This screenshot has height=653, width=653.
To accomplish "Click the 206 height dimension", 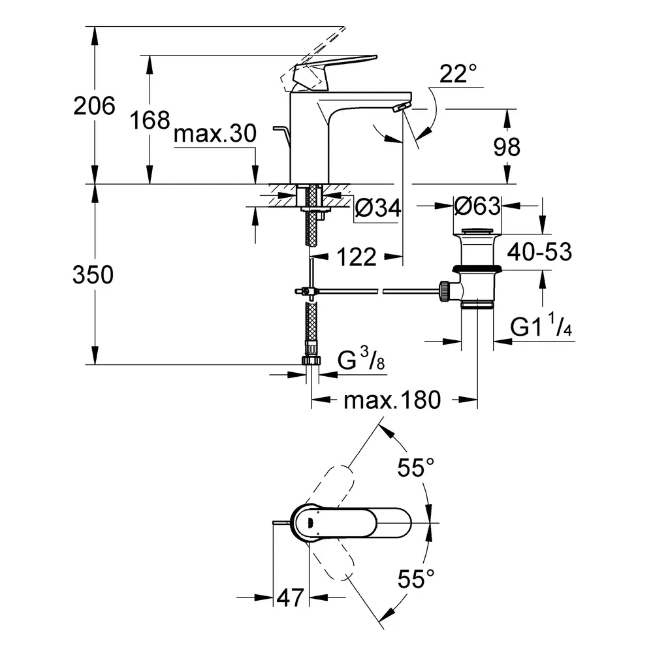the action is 94,106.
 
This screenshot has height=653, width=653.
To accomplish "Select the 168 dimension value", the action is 150,120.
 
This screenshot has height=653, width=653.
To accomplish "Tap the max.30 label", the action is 215,134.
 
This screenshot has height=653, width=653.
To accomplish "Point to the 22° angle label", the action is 458,73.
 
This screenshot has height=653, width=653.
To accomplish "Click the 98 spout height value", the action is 507,146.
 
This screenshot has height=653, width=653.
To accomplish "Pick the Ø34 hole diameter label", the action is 378,208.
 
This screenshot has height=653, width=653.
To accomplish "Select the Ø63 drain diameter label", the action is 477,206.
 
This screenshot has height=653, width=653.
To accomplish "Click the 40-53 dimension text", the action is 540,251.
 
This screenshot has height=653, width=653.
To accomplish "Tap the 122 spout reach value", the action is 357,257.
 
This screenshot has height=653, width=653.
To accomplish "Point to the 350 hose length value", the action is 93,275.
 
